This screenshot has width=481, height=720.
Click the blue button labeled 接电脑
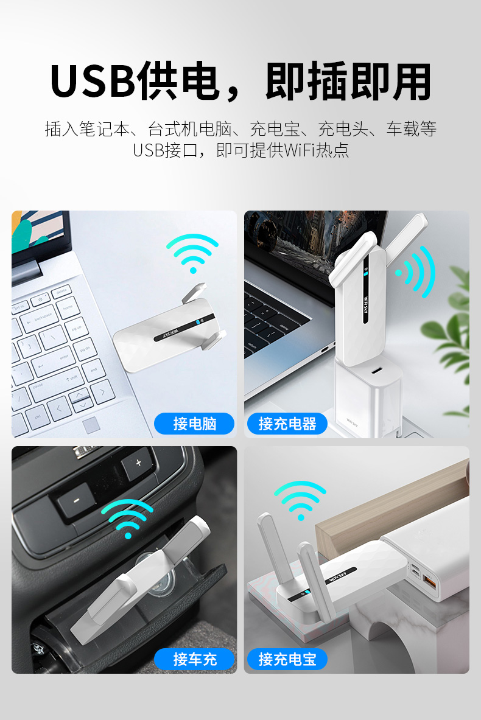click(194, 424)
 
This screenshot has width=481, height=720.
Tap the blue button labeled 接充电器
click(287, 424)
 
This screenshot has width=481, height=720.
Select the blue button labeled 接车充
click(194, 659)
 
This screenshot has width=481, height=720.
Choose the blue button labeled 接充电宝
click(287, 659)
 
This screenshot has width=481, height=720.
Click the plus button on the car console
click(138, 463)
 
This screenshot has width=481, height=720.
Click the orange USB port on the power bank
click(430, 584)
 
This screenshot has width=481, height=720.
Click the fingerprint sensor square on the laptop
click(92, 425)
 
